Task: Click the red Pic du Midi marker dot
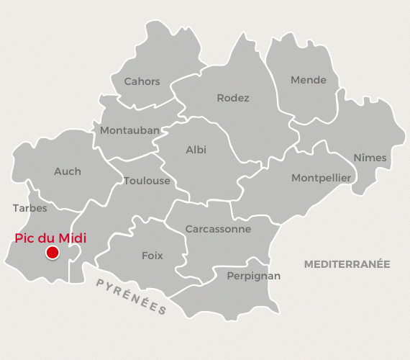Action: click(x=52, y=253)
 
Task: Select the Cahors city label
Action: click(x=142, y=81)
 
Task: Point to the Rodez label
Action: click(x=233, y=98)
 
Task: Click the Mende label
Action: click(x=309, y=80)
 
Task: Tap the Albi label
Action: click(x=196, y=150)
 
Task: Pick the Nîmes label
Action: click(x=370, y=158)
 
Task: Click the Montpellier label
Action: click(x=321, y=178)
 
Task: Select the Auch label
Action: click(x=68, y=171)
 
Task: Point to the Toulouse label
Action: click(x=147, y=181)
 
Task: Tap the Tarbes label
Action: click(x=29, y=208)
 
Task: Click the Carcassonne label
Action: click(x=218, y=229)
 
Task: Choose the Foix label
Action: click(x=152, y=256)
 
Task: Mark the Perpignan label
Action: click(x=253, y=276)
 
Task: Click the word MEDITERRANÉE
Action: click(x=347, y=264)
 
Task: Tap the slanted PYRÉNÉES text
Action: click(x=132, y=296)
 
